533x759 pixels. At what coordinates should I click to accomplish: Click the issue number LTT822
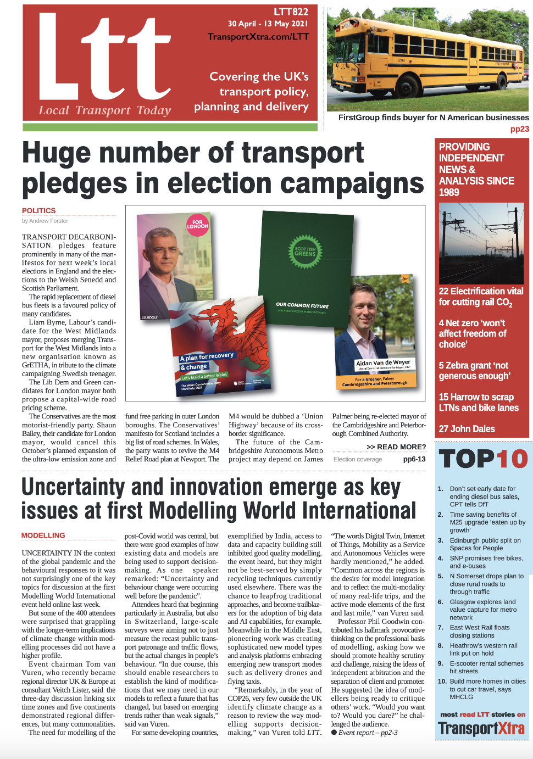pyautogui.click(x=291, y=12)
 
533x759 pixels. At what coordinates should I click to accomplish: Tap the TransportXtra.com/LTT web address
pyautogui.click(x=258, y=37)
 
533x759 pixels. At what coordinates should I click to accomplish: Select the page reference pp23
pyautogui.click(x=519, y=129)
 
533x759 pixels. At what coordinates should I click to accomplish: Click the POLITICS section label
pyautogui.click(x=39, y=210)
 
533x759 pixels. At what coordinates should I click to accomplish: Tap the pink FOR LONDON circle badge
pyautogui.click(x=197, y=225)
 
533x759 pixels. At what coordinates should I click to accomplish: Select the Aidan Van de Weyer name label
pyautogui.click(x=383, y=363)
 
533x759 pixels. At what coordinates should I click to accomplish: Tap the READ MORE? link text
pyautogui.click(x=396, y=447)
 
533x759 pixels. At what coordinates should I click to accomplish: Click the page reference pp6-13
pyautogui.click(x=414, y=459)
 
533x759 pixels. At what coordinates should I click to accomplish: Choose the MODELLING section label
pyautogui.click(x=43, y=535)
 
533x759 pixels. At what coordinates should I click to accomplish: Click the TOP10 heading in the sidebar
pyautogui.click(x=484, y=459)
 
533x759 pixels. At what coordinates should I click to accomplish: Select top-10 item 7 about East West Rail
pyautogui.click(x=480, y=631)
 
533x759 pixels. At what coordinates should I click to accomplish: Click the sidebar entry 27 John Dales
pyautogui.click(x=467, y=429)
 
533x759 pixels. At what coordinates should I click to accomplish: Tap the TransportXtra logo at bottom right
pyautogui.click(x=481, y=729)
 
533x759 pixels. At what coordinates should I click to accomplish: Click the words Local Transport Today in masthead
pyautogui.click(x=105, y=110)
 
